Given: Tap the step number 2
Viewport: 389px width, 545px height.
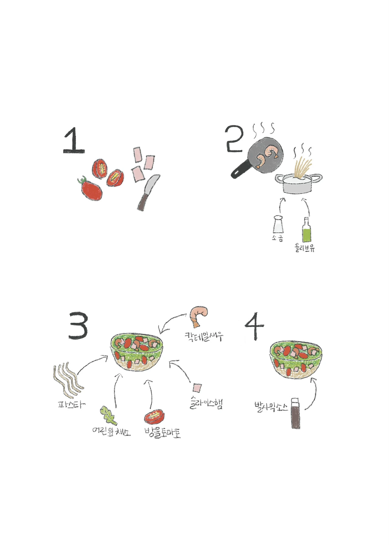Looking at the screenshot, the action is (234, 139).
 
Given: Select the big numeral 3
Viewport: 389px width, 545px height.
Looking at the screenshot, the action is (78, 325).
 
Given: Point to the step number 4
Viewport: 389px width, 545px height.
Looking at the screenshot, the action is (255, 326).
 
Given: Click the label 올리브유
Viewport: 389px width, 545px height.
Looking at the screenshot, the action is (304, 248).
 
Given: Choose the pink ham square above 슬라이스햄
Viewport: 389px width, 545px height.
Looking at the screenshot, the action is (197, 388).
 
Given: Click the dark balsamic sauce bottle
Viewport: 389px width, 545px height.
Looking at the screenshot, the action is (295, 414).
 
